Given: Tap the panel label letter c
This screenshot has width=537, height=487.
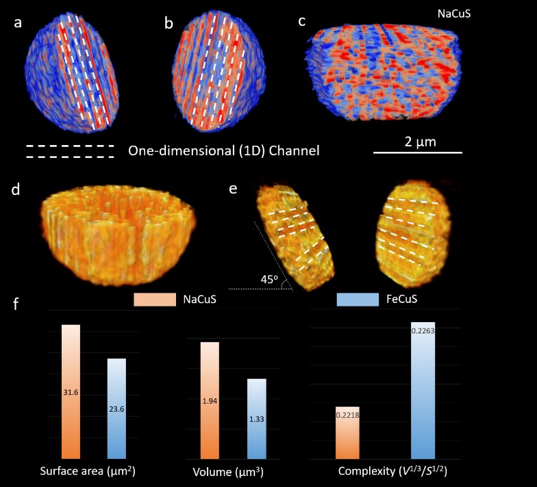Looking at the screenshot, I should point(301,21).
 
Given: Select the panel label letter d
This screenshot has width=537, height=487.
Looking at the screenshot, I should point(14,190).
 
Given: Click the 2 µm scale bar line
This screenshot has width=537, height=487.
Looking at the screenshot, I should point(417,152).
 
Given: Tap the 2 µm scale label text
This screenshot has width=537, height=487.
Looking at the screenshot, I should point(417,141).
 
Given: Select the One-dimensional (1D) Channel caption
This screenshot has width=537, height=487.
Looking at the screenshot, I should point(223,150).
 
